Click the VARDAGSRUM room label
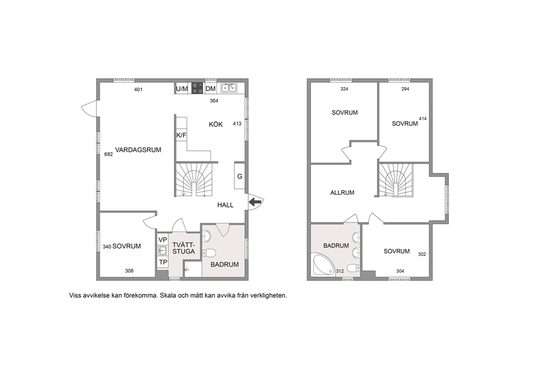pyautogui.click(x=138, y=150)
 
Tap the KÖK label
pyautogui.click(x=216, y=124)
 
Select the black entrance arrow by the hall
pyautogui.click(x=255, y=201)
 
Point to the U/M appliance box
pyautogui.click(x=182, y=89)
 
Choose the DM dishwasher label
pyautogui.click(x=210, y=89)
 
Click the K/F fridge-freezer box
pyautogui.click(x=181, y=135)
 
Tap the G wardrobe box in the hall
pyautogui.click(x=239, y=176)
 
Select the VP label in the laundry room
pyautogui.click(x=162, y=240)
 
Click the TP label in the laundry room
pyautogui.click(x=162, y=262)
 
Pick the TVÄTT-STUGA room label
pyautogui.click(x=183, y=248)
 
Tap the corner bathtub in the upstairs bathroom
pyautogui.click(x=324, y=265)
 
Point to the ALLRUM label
pyautogui.click(x=342, y=192)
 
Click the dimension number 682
pyautogui.click(x=108, y=154)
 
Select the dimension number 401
pyautogui.click(x=138, y=90)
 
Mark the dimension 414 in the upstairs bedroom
pyautogui.click(x=423, y=118)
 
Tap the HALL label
pyautogui.click(x=225, y=205)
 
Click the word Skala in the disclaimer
pyautogui.click(x=168, y=296)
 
